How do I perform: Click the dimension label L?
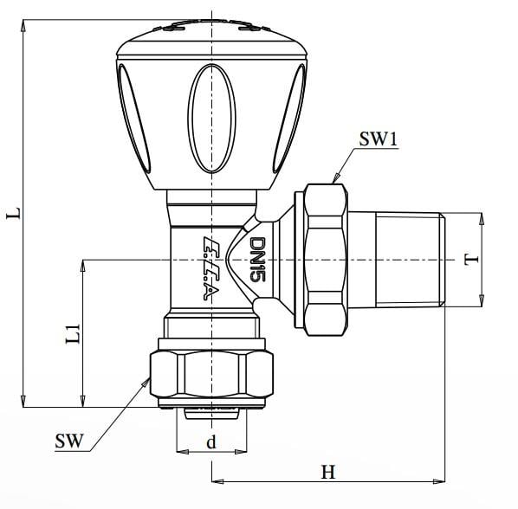point(13,213)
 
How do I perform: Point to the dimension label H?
point(327,472)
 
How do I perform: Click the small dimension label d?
point(210,442)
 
